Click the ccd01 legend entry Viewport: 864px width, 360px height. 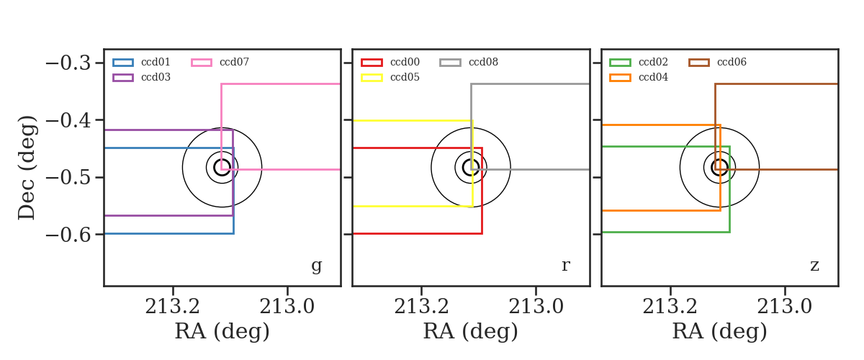[142, 62]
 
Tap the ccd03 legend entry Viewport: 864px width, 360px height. [142, 77]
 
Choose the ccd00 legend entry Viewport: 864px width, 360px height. [390, 62]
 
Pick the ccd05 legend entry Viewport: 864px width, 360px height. [390, 77]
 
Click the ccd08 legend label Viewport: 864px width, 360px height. [483, 62]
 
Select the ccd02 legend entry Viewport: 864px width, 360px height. [639, 62]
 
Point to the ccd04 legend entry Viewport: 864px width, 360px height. [639, 77]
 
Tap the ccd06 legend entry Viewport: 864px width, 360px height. [717, 62]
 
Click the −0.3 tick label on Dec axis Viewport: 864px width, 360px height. [68, 63]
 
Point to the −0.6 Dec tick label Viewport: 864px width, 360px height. [68, 235]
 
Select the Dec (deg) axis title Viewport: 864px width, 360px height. [27, 168]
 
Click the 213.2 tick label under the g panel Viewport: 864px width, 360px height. [172, 307]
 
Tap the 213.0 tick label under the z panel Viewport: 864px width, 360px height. [785, 307]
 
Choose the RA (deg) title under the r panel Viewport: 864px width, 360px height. [471, 331]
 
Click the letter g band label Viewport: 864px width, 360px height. [316, 266]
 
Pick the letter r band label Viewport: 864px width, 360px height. [565, 265]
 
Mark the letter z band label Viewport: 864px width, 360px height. [814, 266]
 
